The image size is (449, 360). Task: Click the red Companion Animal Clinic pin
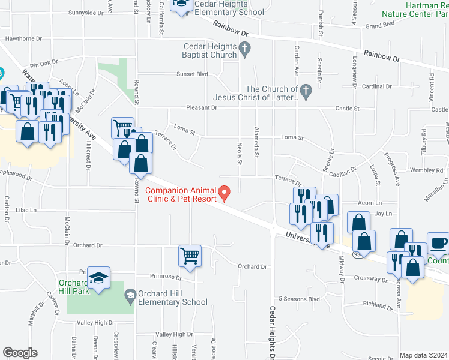pyautogui.click(x=225, y=193)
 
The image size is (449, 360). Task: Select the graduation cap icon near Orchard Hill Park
pyautogui.click(x=98, y=278)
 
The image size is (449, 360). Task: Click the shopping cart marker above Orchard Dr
pyautogui.click(x=190, y=256)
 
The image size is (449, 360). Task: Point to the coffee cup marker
pyautogui.click(x=438, y=243)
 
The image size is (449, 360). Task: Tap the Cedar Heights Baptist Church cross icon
pyautogui.click(x=244, y=47)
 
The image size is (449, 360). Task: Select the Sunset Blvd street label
pyautogui.click(x=191, y=74)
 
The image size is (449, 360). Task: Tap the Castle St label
pyautogui.click(x=347, y=109)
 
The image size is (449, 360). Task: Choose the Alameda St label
pyautogui.click(x=256, y=142)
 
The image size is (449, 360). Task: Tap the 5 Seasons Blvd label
pyautogui.click(x=299, y=299)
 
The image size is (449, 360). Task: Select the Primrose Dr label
pyautogui.click(x=166, y=277)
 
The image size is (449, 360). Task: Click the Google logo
pyautogui.click(x=20, y=353)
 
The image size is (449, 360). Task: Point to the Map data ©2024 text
pyautogui.click(x=423, y=355)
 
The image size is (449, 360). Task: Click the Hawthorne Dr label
pyautogui.click(x=23, y=38)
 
